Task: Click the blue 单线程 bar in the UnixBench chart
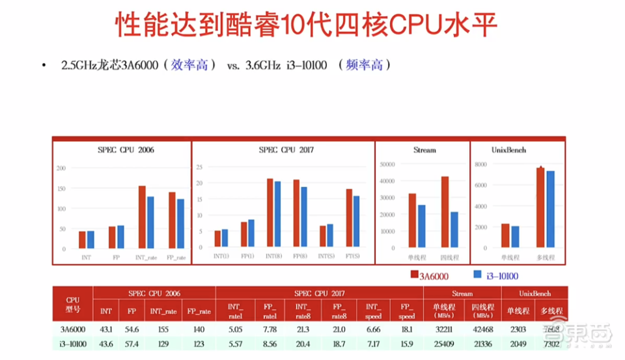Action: [516, 236]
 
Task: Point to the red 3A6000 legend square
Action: [415, 275]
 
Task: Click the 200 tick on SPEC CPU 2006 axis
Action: [62, 168]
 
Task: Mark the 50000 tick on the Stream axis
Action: [387, 164]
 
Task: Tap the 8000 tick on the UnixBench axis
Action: [481, 164]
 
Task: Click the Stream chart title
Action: [424, 150]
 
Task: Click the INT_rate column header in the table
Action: [165, 311]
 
